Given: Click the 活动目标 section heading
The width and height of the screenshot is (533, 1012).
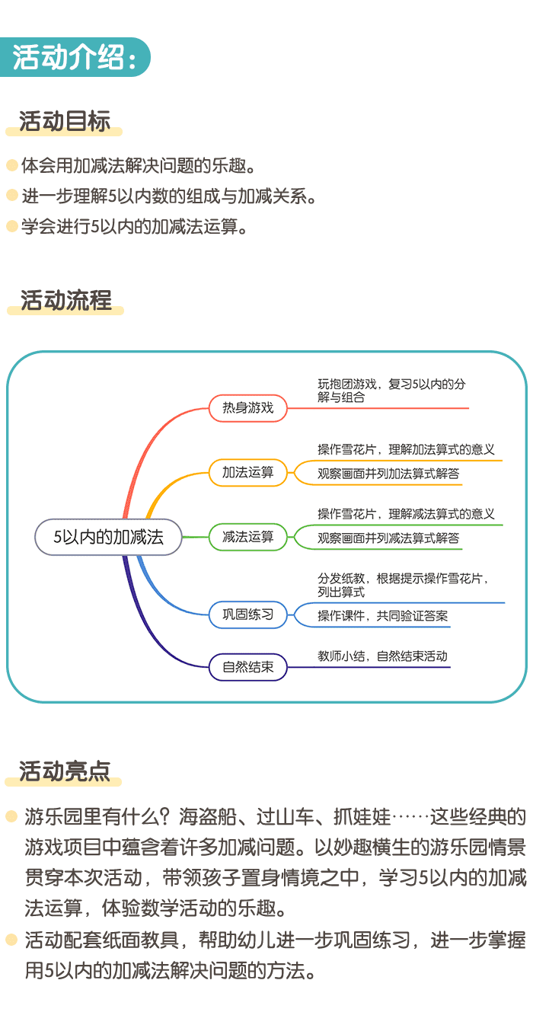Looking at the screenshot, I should point(65,121).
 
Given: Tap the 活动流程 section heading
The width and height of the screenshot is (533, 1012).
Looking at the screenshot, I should point(65,300).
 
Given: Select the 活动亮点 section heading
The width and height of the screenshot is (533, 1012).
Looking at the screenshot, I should point(65,771).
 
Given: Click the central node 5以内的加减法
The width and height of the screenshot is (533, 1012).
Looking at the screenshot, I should point(108,537).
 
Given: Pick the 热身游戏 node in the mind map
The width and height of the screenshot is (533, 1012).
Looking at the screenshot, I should point(247,407).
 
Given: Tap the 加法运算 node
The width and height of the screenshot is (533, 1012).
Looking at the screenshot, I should point(247,472).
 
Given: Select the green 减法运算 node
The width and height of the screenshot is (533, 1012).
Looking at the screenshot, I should point(247,536).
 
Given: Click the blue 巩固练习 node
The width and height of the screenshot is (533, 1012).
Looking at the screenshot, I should point(247,614).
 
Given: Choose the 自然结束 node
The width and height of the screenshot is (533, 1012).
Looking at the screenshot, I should point(247,668).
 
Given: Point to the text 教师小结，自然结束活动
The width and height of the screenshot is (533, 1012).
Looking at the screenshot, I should point(382,656).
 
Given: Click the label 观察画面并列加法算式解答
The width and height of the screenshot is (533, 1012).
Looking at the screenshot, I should point(388,473).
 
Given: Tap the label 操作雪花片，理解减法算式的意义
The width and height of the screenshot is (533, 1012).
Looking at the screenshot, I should point(406,514).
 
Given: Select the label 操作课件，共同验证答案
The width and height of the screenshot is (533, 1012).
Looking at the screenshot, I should point(382,615).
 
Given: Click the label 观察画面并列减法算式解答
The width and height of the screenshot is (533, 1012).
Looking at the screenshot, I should point(388,538).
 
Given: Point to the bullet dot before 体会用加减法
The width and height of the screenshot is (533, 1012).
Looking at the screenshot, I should point(11,164).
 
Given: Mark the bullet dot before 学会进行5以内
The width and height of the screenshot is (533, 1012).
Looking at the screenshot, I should point(11,225).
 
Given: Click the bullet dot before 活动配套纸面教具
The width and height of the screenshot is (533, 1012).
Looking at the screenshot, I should point(11,940).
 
